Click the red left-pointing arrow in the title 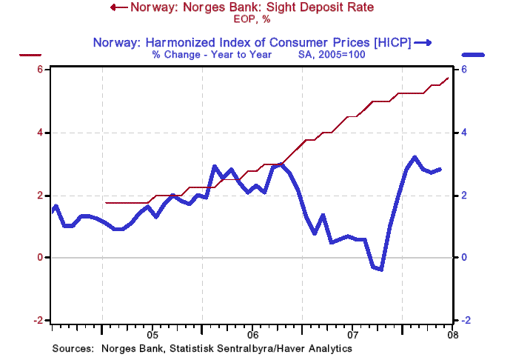coord(116,8)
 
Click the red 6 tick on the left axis coord(42,70)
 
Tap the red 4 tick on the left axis coord(42,133)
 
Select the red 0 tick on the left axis coord(42,258)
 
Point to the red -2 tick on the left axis coord(40,320)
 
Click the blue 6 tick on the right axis coord(463,70)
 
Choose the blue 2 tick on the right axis coord(463,196)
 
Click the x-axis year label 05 coord(152,333)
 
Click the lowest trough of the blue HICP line coord(380,269)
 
